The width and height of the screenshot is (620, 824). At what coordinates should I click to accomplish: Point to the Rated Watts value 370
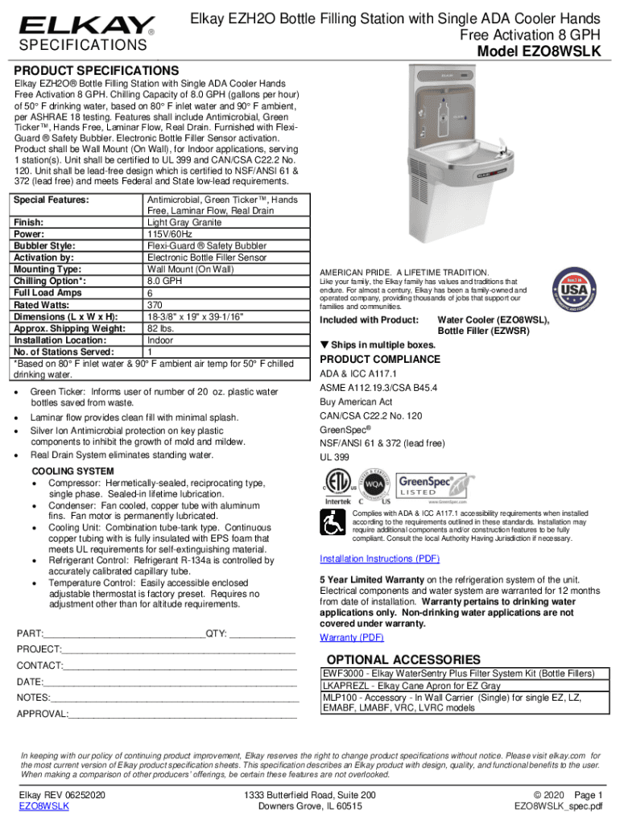coord(155,305)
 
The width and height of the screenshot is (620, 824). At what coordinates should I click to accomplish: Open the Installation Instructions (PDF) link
coord(380,558)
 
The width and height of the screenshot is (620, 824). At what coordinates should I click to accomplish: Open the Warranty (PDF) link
coord(352,637)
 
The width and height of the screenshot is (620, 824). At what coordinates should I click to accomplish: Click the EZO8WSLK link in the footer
coord(43,805)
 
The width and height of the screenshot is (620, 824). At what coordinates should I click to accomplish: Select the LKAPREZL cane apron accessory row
coord(411,686)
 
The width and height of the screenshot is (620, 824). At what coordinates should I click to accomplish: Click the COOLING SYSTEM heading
coord(72,471)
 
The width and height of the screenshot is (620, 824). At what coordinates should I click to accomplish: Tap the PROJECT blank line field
coord(178,649)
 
